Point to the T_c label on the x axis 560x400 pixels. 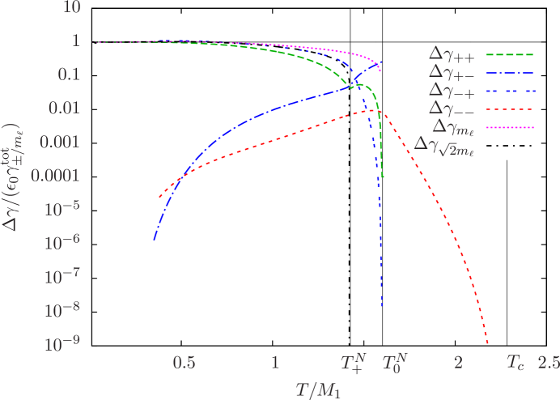click(515, 361)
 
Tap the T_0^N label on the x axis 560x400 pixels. click(395, 361)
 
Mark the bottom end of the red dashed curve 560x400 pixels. click(488, 344)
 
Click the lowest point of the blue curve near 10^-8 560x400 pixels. click(381, 306)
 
